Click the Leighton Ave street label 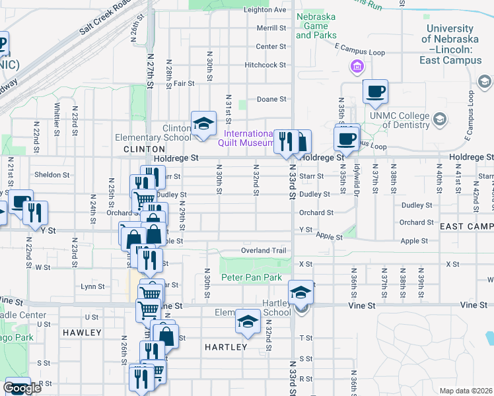click(265, 10)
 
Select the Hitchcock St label click(265, 65)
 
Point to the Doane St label click(271, 99)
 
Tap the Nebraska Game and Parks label click(316, 26)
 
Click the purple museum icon click(357, 66)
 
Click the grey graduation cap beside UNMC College click(440, 119)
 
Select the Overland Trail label click(264, 251)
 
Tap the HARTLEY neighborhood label click(226, 347)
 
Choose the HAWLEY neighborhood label click(81, 333)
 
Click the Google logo click(22, 388)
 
